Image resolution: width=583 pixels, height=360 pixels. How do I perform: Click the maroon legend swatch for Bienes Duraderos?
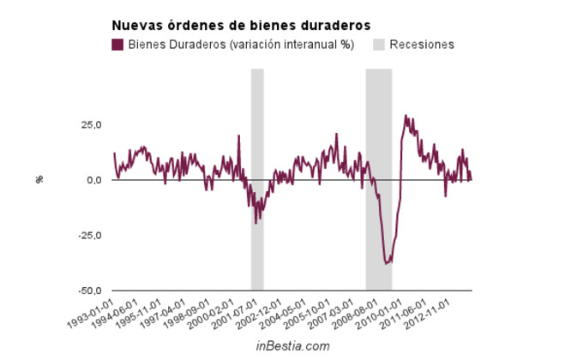(x=117, y=45)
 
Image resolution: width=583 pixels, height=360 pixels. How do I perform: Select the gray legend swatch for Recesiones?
(x=380, y=45)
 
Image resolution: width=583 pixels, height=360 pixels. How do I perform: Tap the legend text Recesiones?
(x=422, y=45)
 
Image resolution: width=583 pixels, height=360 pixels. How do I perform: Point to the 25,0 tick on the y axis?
(x=91, y=125)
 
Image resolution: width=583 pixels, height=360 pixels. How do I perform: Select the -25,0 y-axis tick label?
(x=89, y=236)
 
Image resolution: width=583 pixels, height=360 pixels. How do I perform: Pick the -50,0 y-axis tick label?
(x=89, y=291)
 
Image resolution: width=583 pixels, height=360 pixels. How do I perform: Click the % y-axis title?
(x=39, y=179)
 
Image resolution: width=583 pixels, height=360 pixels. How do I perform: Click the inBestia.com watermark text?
(x=292, y=346)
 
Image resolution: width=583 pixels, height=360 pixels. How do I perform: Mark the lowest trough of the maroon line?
(x=387, y=263)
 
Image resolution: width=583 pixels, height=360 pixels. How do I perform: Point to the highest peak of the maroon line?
(x=406, y=116)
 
